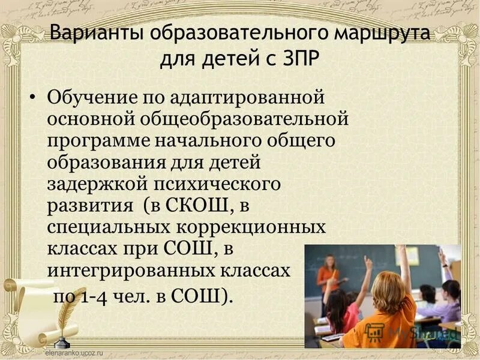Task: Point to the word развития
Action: click(x=90, y=206)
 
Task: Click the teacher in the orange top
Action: click(x=328, y=280)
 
